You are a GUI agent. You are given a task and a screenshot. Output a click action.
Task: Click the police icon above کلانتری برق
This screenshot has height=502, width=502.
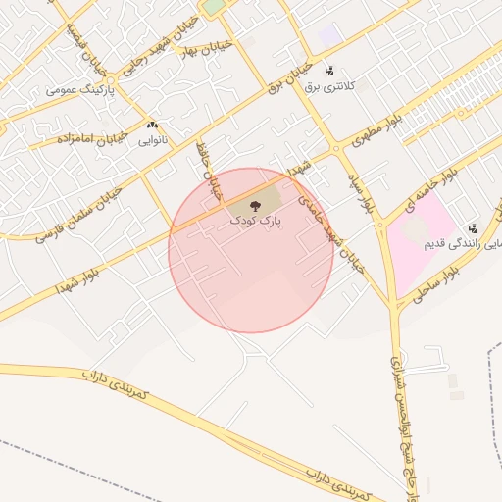tap(328, 71)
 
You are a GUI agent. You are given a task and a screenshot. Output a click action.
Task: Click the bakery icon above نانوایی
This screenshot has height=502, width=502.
tap(152, 125)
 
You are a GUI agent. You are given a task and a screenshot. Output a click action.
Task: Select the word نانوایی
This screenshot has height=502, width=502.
tap(152, 141)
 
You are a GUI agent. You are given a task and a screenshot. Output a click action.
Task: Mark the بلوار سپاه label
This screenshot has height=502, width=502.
tap(365, 193)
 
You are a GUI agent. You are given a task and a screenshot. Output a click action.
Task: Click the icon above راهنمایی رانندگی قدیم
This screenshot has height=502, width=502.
tap(472, 228)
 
